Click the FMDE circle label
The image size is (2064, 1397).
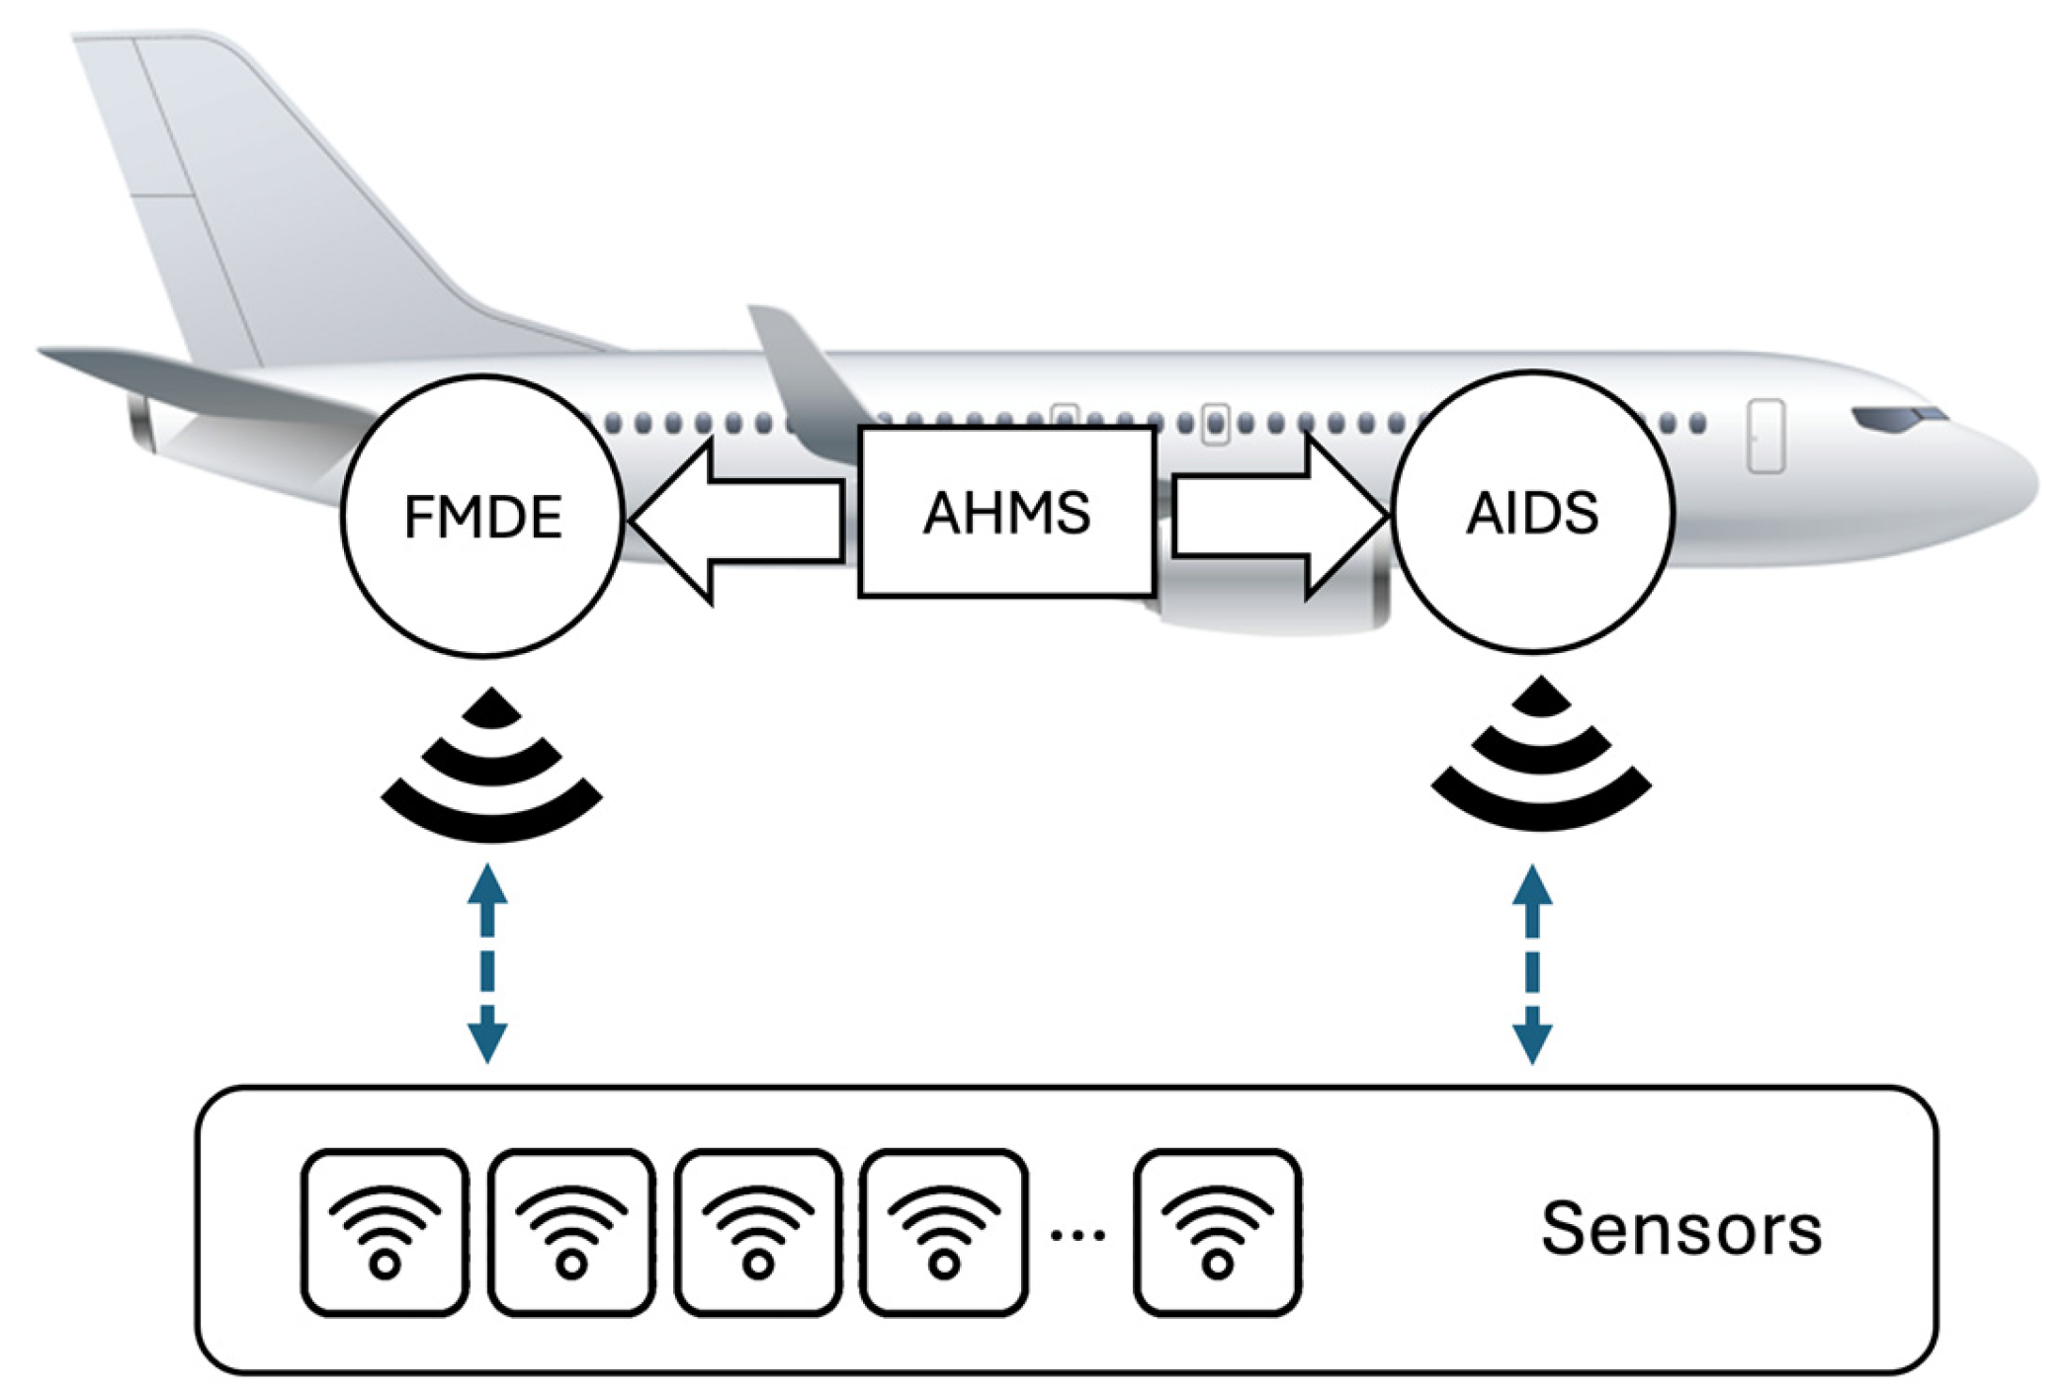[x=483, y=517]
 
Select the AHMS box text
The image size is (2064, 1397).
[x=1006, y=513]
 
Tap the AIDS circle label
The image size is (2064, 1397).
[x=1531, y=513]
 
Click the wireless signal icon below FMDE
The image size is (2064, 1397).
[x=491, y=771]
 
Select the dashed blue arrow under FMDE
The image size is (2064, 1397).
[x=487, y=963]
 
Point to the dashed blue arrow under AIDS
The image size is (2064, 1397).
[x=1532, y=963]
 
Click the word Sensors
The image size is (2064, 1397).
[x=1680, y=1230]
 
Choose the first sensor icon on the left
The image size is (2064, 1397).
[x=385, y=1232]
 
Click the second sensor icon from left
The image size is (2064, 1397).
[x=571, y=1232]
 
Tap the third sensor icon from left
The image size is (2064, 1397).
[x=758, y=1232]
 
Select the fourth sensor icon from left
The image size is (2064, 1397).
[x=944, y=1232]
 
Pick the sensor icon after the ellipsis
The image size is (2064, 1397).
[x=1217, y=1232]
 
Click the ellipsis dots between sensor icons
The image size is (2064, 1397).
[x=1077, y=1235]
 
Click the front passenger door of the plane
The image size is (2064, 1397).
[x=1765, y=436]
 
